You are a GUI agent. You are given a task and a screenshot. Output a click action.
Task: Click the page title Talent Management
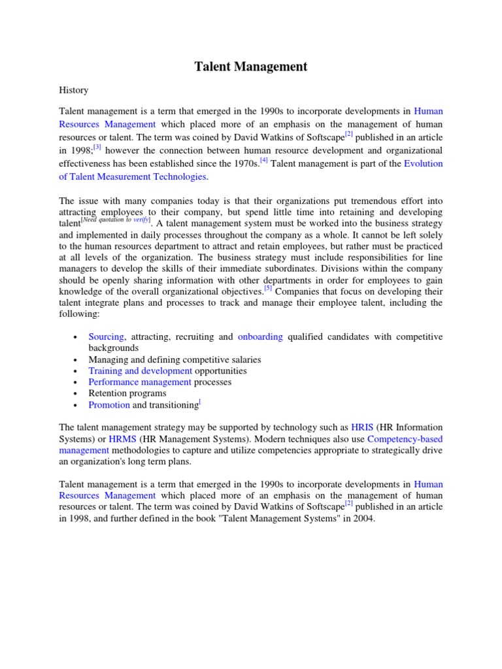pos(251,67)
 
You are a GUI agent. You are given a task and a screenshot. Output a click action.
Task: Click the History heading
pos(73,90)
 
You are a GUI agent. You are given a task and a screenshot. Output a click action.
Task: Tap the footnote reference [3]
pos(98,148)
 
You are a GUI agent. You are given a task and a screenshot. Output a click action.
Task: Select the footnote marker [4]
pos(263,160)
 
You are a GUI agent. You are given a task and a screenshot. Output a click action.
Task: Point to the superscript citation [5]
pos(268,288)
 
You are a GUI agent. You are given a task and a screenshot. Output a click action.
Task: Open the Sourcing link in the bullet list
pos(106,337)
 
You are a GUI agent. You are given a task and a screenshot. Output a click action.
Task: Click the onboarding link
pos(260,337)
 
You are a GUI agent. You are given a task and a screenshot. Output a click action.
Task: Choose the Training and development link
pos(140,371)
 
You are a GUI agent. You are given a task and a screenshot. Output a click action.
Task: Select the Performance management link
pos(140,382)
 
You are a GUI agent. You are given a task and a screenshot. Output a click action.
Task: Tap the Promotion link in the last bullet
pos(109,405)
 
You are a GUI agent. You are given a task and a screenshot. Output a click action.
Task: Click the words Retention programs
pos(127,393)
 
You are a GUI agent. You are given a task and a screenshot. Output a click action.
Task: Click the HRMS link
pos(122,439)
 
